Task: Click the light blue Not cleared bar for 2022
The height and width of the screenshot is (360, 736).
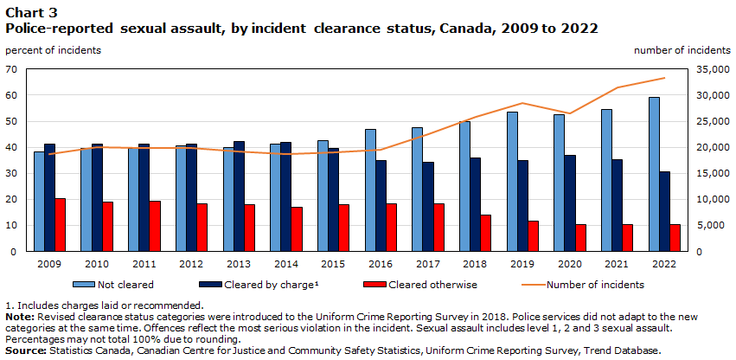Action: pos(653,174)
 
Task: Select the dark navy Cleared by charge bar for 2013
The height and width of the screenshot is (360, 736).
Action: pos(239,196)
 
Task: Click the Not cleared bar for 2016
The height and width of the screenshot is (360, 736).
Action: pos(370,190)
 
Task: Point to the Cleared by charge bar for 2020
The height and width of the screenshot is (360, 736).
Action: pos(570,203)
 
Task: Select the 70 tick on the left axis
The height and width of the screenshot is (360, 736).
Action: pos(12,68)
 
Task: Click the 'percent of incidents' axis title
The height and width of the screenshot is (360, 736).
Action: pos(53,49)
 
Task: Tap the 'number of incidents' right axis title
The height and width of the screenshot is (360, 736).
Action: pos(682,49)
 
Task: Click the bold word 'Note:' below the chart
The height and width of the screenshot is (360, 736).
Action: pos(20,318)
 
